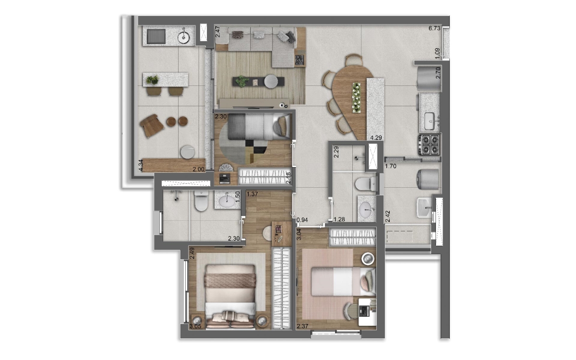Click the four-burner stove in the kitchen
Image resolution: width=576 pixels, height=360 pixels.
coord(429,144)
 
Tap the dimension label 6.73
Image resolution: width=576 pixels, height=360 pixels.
coord(434,28)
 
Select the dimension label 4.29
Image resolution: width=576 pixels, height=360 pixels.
coord(376,138)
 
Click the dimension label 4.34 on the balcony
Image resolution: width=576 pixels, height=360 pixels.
coord(141,165)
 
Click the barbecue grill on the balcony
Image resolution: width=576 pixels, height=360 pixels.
coord(156,36)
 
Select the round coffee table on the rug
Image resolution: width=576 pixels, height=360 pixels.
coord(271,82)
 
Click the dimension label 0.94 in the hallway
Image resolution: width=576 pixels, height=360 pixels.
coord(302,220)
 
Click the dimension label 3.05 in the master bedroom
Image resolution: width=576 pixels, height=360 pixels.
coord(195,327)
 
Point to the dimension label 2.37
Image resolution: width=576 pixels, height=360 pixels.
coord(302,327)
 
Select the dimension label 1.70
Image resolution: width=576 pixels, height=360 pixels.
coord(391,167)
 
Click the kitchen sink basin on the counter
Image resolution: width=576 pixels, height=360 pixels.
coord(429,118)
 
